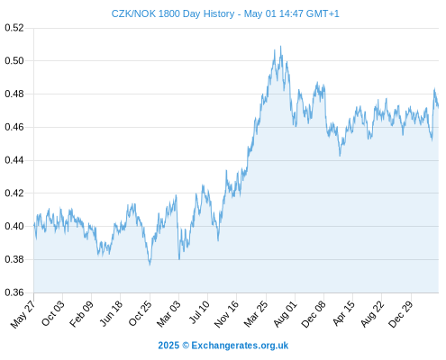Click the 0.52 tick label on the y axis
pos(14,28)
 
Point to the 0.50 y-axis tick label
pos(14,61)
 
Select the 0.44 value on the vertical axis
pos(14,160)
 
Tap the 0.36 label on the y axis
pos(14,292)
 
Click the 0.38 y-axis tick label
pos(14,259)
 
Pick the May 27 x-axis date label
pos(23,314)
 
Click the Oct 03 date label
pos(52,313)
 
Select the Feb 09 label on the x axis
pos(81,314)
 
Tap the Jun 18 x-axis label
pos(111,313)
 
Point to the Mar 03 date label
pos(168,313)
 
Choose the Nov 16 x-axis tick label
pos(226,314)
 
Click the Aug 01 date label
pos(285,313)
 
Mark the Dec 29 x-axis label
pos(401,314)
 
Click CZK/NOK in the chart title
pos(133,13)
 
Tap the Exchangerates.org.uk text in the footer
pos(240,346)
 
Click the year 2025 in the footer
pos(168,346)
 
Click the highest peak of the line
pos(281,46)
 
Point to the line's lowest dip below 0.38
pos(150,265)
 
